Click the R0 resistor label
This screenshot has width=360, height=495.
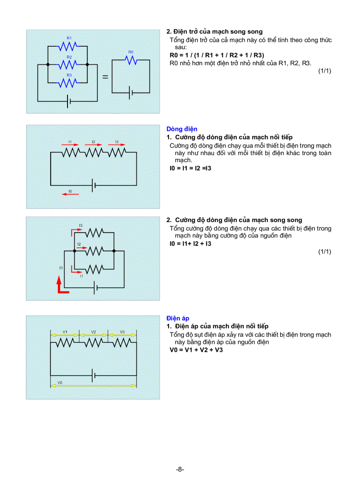[x=130, y=52]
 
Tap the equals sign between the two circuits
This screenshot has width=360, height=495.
[x=105, y=77]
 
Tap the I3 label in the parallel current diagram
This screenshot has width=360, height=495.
[x=81, y=226]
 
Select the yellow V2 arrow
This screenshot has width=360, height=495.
[x=93, y=335]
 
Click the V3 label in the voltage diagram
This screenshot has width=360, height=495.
[x=122, y=331]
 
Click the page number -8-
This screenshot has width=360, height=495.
[x=180, y=469]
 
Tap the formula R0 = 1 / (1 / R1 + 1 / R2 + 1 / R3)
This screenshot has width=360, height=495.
[x=217, y=56]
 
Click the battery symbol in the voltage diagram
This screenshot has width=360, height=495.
[x=94, y=375]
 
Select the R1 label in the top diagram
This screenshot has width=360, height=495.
[x=69, y=38]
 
